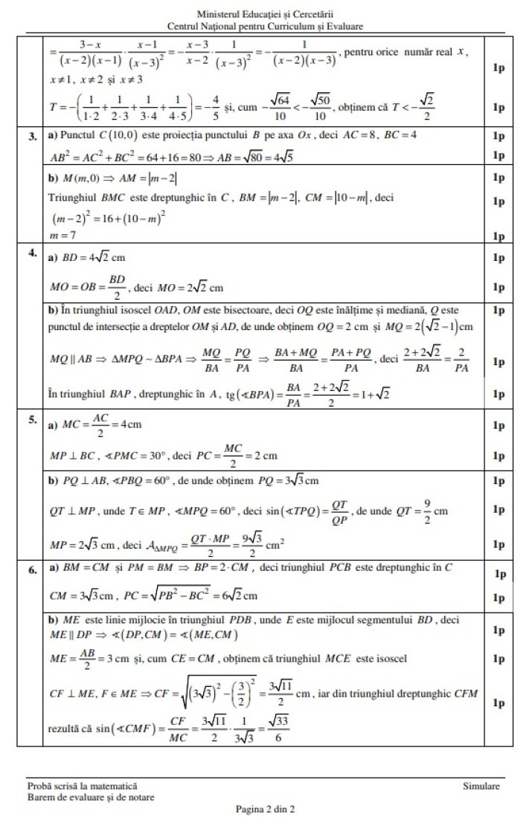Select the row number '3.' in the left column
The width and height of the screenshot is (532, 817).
[x=33, y=138]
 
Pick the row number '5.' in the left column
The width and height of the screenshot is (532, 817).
[x=33, y=419]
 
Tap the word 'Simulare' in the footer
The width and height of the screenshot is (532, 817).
[x=481, y=786]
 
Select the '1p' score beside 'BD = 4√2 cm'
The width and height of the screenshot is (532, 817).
[x=499, y=258]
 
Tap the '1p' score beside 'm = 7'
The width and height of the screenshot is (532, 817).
[x=499, y=236]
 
